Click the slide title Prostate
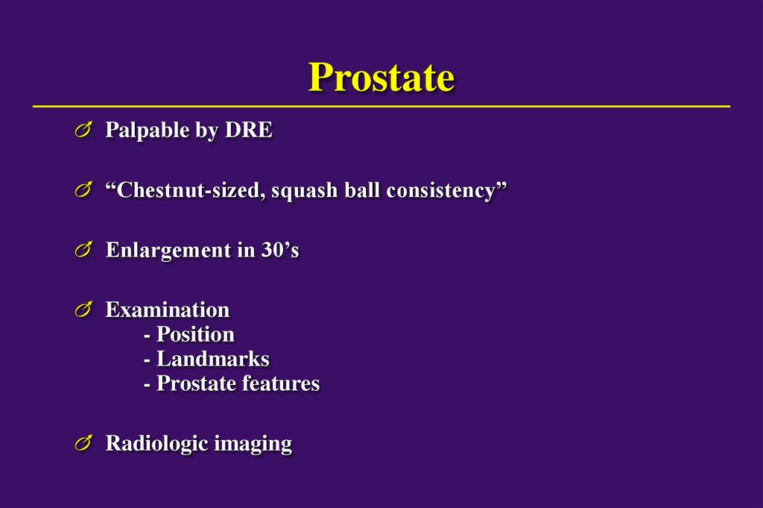[381, 77]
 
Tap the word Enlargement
[168, 251]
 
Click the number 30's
[279, 250]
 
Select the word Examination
[167, 309]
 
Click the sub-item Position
[195, 334]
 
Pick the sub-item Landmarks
[212, 359]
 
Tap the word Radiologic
[156, 444]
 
